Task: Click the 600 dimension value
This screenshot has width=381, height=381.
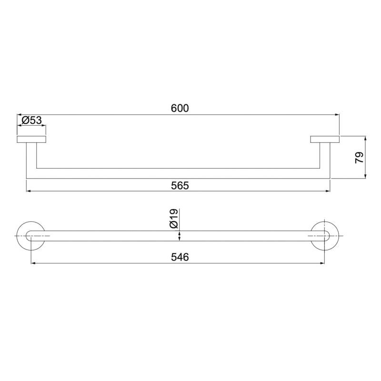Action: [x=180, y=108]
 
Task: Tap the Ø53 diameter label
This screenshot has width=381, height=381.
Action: [x=31, y=120]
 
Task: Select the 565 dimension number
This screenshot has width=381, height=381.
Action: [x=180, y=186]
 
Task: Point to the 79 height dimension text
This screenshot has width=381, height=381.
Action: [x=359, y=158]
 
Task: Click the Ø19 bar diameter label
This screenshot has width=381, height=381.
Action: [x=174, y=219]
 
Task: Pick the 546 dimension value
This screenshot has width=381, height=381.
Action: [x=180, y=257]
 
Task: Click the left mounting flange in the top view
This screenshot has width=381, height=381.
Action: [x=31, y=140]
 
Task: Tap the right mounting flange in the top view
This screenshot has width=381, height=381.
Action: [x=325, y=140]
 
